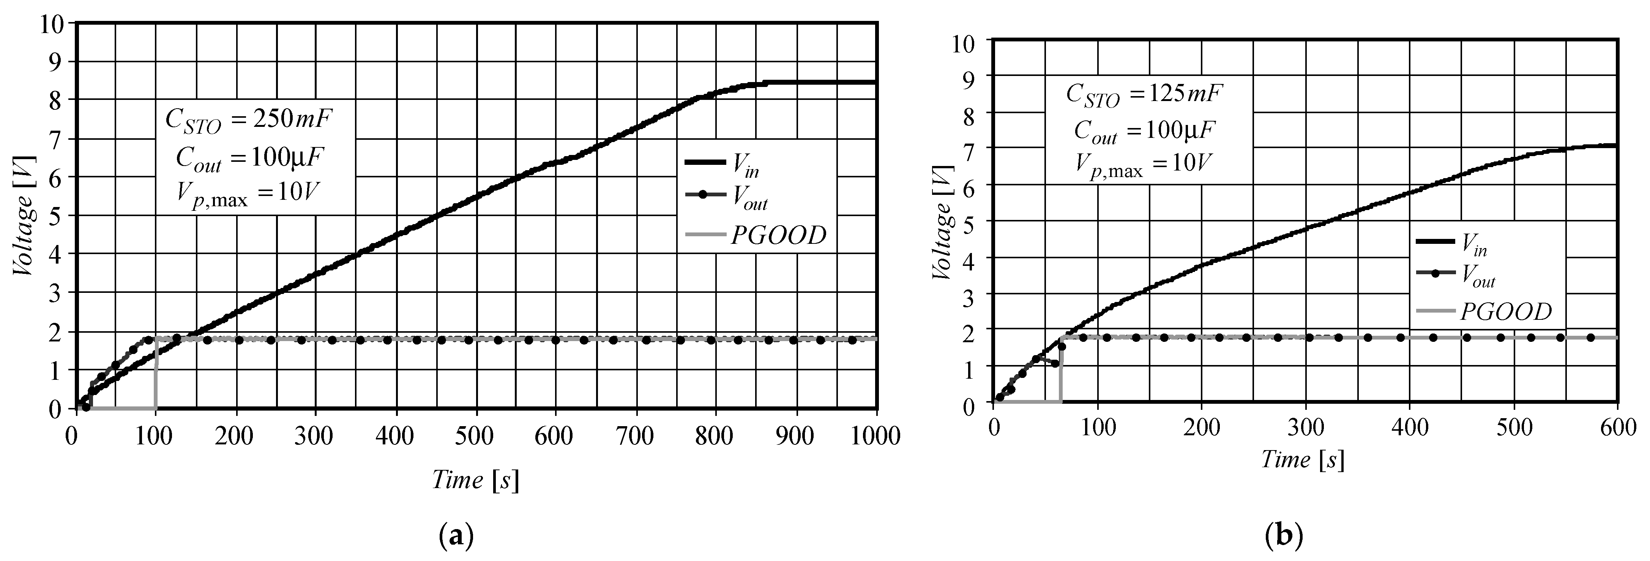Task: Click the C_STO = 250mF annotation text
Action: click(x=250, y=120)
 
